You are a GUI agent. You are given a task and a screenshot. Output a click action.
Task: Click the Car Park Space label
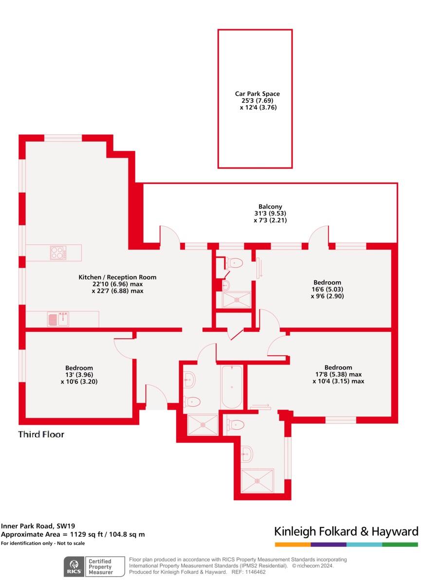click(257, 94)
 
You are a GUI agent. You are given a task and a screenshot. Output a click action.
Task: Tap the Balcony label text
click(270, 207)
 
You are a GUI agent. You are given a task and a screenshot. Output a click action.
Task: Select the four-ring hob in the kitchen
click(57, 253)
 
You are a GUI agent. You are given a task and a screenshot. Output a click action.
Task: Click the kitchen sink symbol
click(58, 319)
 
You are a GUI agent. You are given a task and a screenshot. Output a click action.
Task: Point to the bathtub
click(232, 387)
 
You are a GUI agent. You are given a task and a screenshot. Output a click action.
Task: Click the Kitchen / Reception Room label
click(118, 277)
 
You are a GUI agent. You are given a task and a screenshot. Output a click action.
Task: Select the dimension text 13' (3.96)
click(79, 375)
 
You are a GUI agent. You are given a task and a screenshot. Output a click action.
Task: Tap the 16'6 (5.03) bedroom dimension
click(327, 289)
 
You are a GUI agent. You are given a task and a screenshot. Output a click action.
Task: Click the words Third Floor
click(41, 434)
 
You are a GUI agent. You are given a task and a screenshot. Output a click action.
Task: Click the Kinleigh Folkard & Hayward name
click(346, 531)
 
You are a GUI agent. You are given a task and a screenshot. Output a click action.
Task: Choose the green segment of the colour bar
click(400, 544)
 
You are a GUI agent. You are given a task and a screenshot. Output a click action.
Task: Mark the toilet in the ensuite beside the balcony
click(234, 263)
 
